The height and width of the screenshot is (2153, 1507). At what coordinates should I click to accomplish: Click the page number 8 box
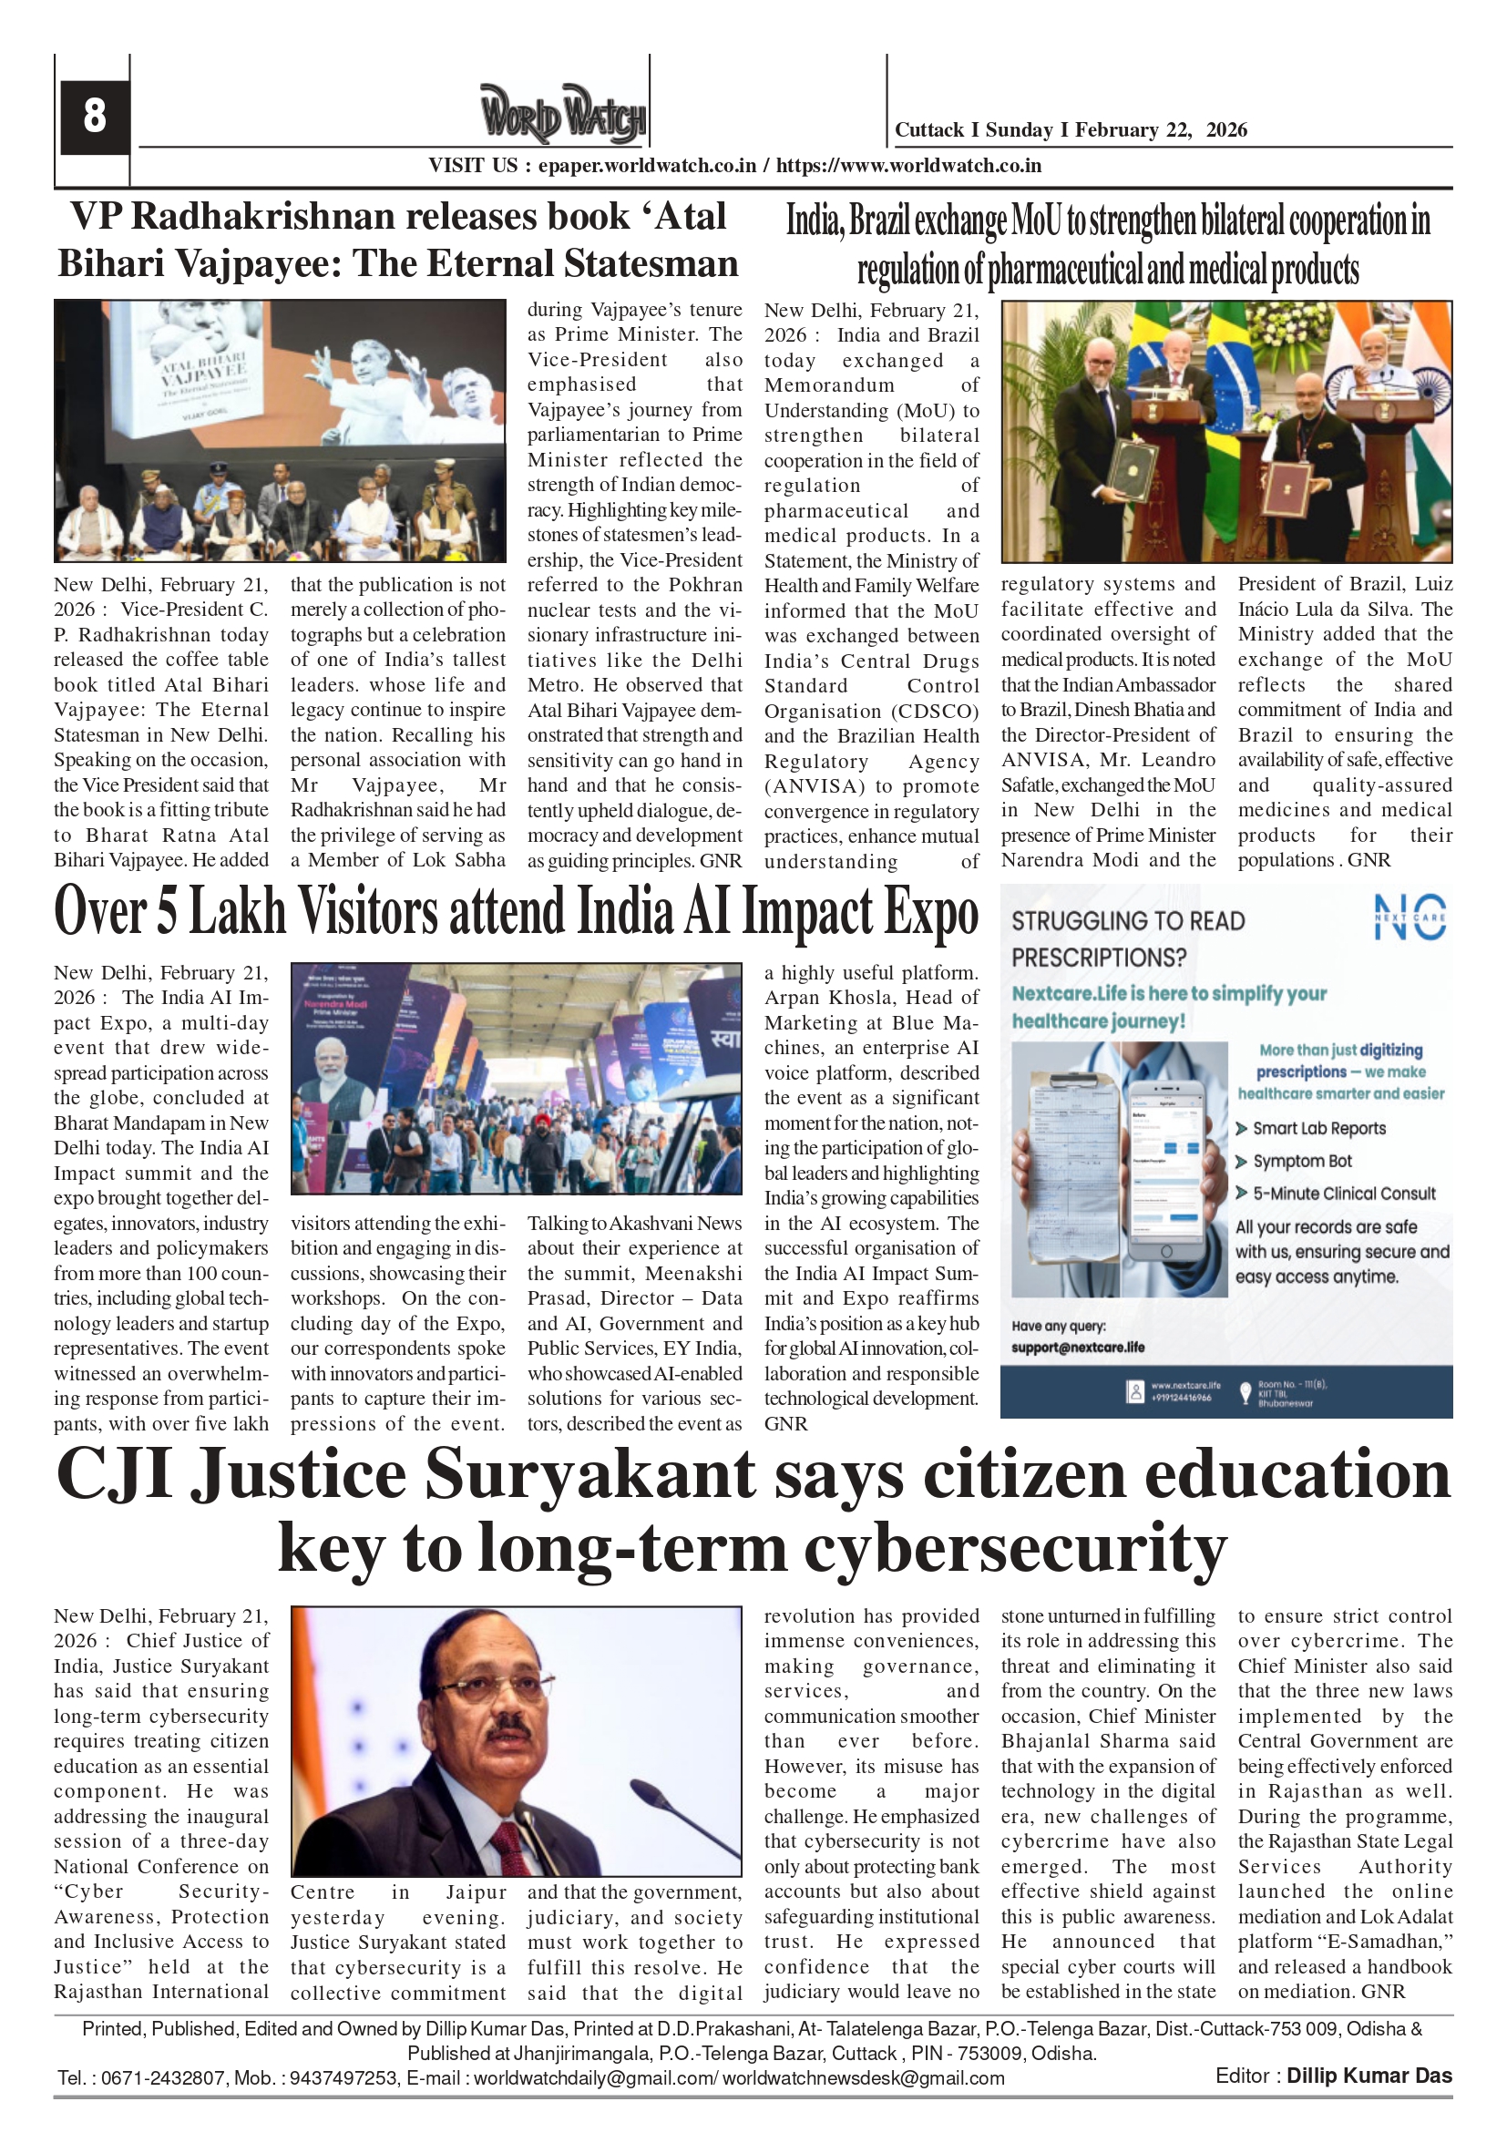pos(94,117)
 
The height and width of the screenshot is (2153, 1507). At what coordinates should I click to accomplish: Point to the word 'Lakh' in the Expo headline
pos(237,911)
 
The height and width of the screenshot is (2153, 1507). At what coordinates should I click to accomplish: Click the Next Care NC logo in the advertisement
pos(1409,917)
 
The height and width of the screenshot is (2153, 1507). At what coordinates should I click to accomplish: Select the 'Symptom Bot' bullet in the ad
pos(1302,1161)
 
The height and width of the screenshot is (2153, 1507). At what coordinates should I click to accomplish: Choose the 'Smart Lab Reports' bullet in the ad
pos(1318,1128)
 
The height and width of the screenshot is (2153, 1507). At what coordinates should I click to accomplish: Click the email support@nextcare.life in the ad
pos(1078,1348)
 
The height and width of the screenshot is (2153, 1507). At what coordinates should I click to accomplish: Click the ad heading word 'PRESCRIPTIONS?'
pos(1098,958)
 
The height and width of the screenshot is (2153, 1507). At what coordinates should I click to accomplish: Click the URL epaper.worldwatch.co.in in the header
pos(647,166)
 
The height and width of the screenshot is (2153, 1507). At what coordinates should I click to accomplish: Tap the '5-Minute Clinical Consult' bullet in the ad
pos(1343,1194)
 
